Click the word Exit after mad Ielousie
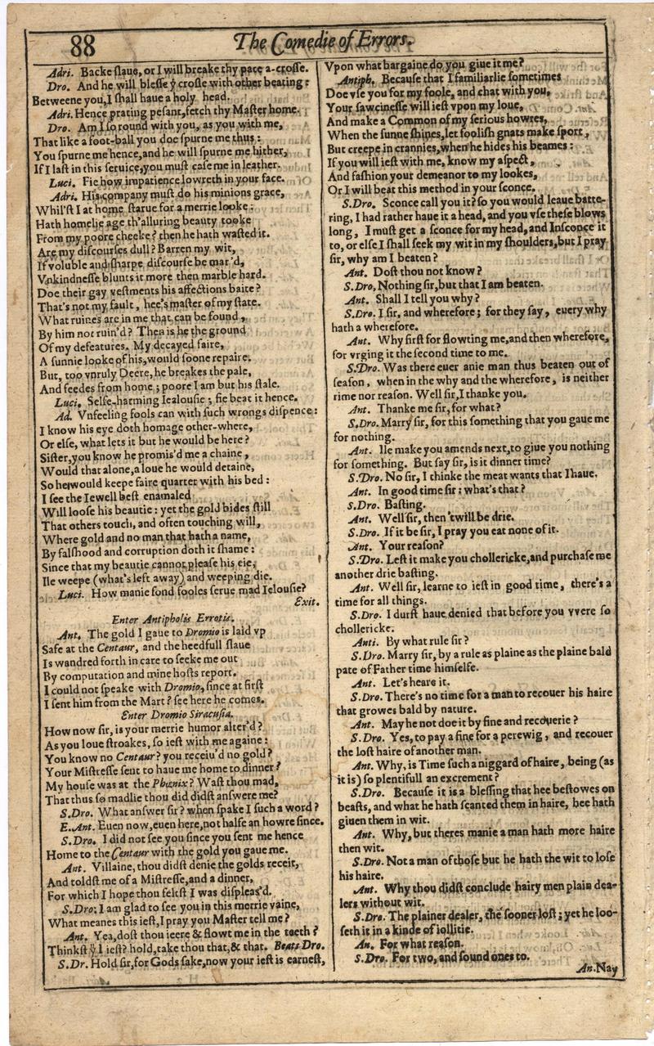[x=304, y=601]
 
